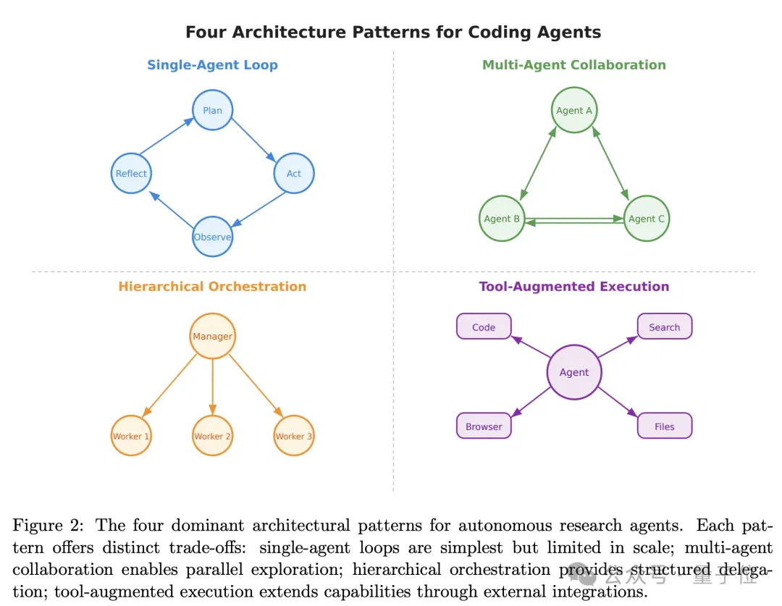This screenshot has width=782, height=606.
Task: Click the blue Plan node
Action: [212, 110]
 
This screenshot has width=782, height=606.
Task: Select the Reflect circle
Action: [131, 173]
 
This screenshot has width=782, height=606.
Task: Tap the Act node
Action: [294, 173]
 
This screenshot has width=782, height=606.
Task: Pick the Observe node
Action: [212, 237]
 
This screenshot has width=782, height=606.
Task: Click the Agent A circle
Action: [574, 110]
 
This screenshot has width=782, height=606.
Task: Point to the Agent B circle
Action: [502, 219]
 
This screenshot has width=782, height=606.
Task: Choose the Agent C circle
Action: [647, 219]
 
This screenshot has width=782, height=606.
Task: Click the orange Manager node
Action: [212, 336]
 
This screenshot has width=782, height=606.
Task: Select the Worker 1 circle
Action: [131, 435]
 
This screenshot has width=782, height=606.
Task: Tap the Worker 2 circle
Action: [212, 435]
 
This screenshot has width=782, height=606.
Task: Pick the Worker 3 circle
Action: [294, 435]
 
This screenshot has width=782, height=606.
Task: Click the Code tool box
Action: [484, 327]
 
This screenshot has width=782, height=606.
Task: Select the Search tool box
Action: [664, 327]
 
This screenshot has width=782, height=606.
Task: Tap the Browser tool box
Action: [484, 426]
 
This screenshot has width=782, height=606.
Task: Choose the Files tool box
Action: [664, 426]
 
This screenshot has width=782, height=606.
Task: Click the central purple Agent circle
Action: [574, 372]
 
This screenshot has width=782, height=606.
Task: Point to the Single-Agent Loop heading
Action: [212, 65]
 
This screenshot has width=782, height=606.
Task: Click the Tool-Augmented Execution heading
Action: [574, 286]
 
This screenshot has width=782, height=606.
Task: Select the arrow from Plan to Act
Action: [253, 140]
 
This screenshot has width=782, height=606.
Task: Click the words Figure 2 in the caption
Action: [48, 525]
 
